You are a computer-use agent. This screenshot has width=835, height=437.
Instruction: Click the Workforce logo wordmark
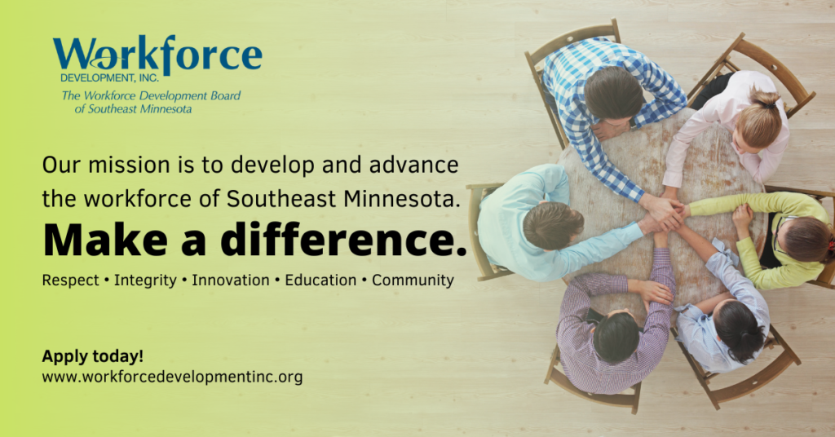[x=157, y=55]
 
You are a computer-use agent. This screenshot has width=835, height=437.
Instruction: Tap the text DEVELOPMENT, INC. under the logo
[x=110, y=78]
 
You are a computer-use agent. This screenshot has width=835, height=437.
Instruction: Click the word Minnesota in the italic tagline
[x=166, y=109]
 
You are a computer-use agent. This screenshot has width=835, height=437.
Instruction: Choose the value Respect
[x=71, y=280]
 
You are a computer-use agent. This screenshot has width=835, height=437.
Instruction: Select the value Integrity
[x=145, y=280]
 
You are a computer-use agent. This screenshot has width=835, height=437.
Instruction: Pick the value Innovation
[x=231, y=280]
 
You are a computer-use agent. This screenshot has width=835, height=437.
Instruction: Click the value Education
[x=320, y=280]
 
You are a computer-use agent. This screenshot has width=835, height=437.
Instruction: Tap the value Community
[x=413, y=280]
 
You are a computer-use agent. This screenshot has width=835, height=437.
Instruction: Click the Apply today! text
[x=93, y=356]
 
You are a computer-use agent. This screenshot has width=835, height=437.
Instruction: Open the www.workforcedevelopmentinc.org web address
[x=172, y=377]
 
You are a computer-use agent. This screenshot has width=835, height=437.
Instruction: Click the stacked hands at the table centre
[x=662, y=215]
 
